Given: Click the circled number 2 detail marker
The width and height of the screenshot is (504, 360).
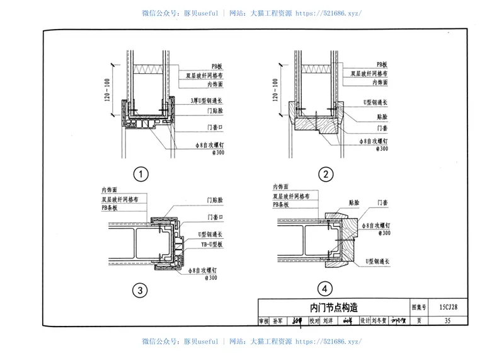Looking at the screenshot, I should click(325, 174).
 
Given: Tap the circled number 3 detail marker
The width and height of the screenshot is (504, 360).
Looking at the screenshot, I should click(141, 291).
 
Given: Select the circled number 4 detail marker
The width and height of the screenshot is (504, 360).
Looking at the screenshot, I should click(324, 289).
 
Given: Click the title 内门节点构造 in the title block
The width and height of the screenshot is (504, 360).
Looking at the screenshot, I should click(334, 307).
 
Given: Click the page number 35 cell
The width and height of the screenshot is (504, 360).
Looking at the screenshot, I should click(447, 321).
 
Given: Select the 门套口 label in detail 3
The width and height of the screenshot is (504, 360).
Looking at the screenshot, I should click(216, 216).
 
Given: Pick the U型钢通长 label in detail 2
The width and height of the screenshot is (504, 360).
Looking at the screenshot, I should click(377, 102).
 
